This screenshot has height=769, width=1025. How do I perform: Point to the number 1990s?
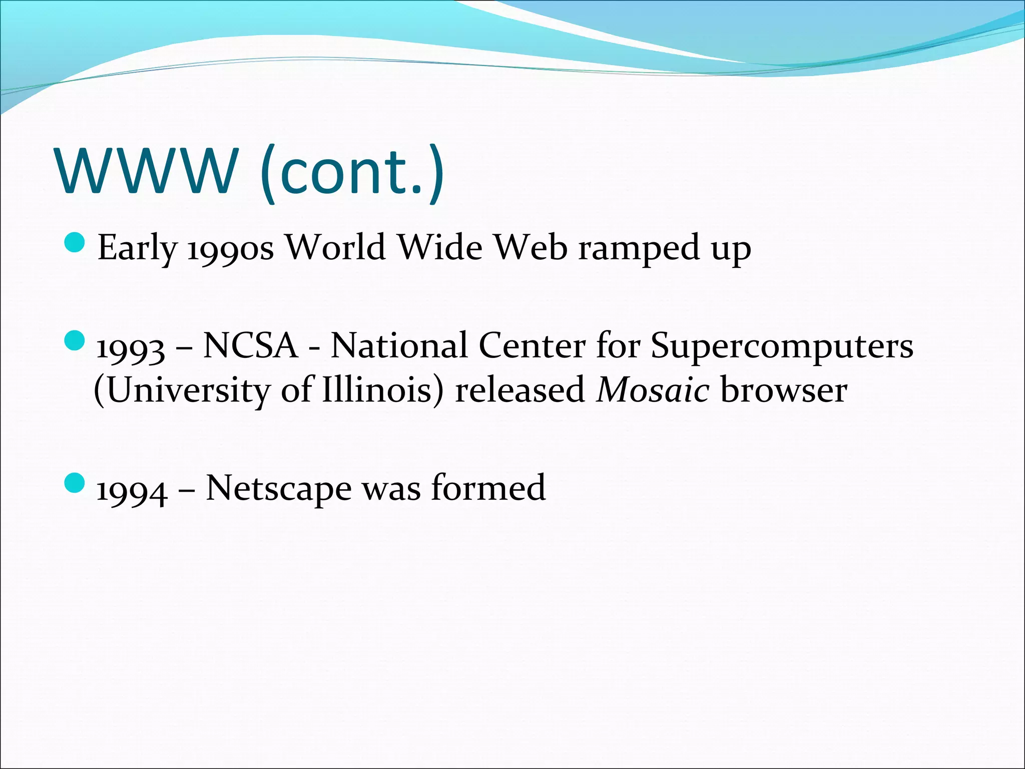tap(230, 249)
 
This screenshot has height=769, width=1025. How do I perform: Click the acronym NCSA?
tap(250, 345)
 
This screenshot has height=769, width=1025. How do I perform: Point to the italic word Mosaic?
tap(653, 390)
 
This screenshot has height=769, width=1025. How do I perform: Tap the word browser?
tap(784, 390)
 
